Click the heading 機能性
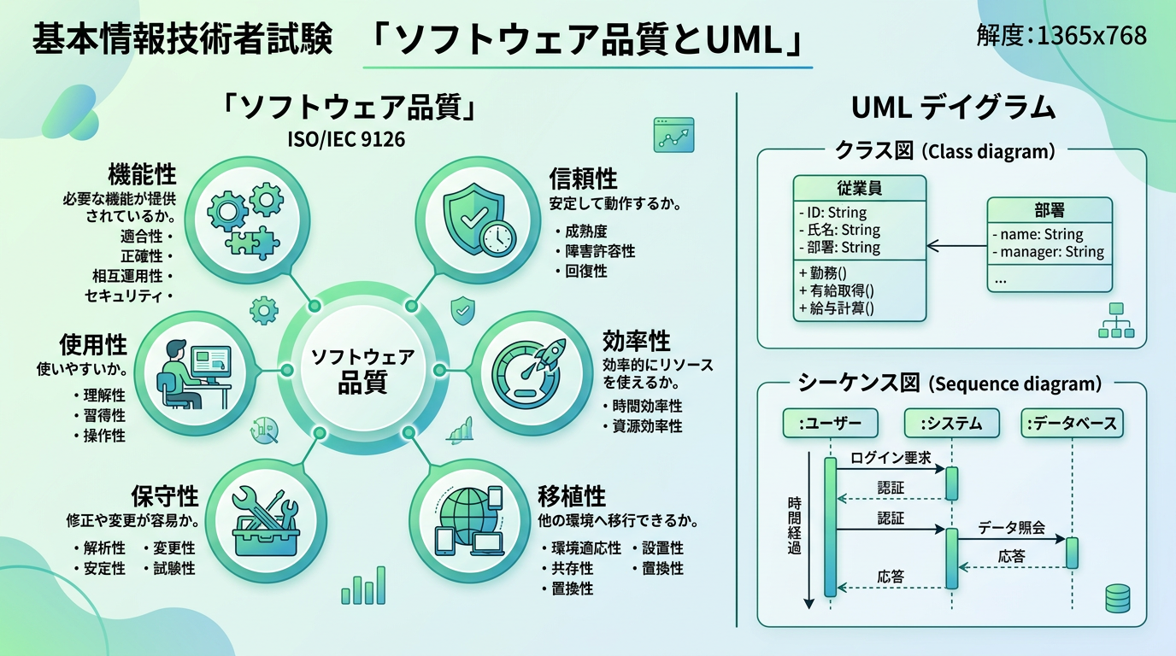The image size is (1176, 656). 142,175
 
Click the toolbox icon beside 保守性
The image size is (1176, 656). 265,520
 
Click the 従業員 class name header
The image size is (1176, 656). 859,188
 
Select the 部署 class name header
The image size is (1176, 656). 1050,210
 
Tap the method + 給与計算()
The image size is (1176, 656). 836,308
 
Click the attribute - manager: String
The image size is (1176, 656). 1048,252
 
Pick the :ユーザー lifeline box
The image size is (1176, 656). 829,423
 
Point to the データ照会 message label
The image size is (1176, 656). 1012,528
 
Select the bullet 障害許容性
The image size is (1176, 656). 599,251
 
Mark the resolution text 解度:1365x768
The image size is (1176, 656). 1061,36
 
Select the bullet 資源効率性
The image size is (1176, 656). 647,425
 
